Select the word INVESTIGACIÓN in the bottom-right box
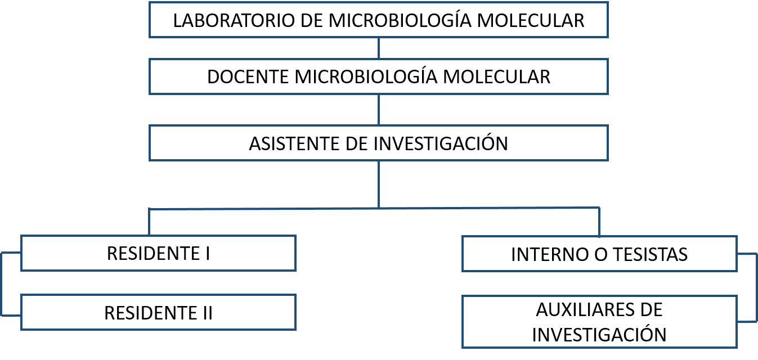(599, 335)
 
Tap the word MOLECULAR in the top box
(531, 20)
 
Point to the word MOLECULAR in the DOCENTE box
(497, 77)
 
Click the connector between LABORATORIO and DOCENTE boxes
(379, 48)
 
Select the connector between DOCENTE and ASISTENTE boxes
(379, 110)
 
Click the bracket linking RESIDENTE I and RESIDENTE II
(2, 284)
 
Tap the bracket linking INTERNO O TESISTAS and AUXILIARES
(756, 287)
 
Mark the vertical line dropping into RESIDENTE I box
(149, 222)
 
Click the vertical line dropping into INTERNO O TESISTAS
(599, 222)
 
